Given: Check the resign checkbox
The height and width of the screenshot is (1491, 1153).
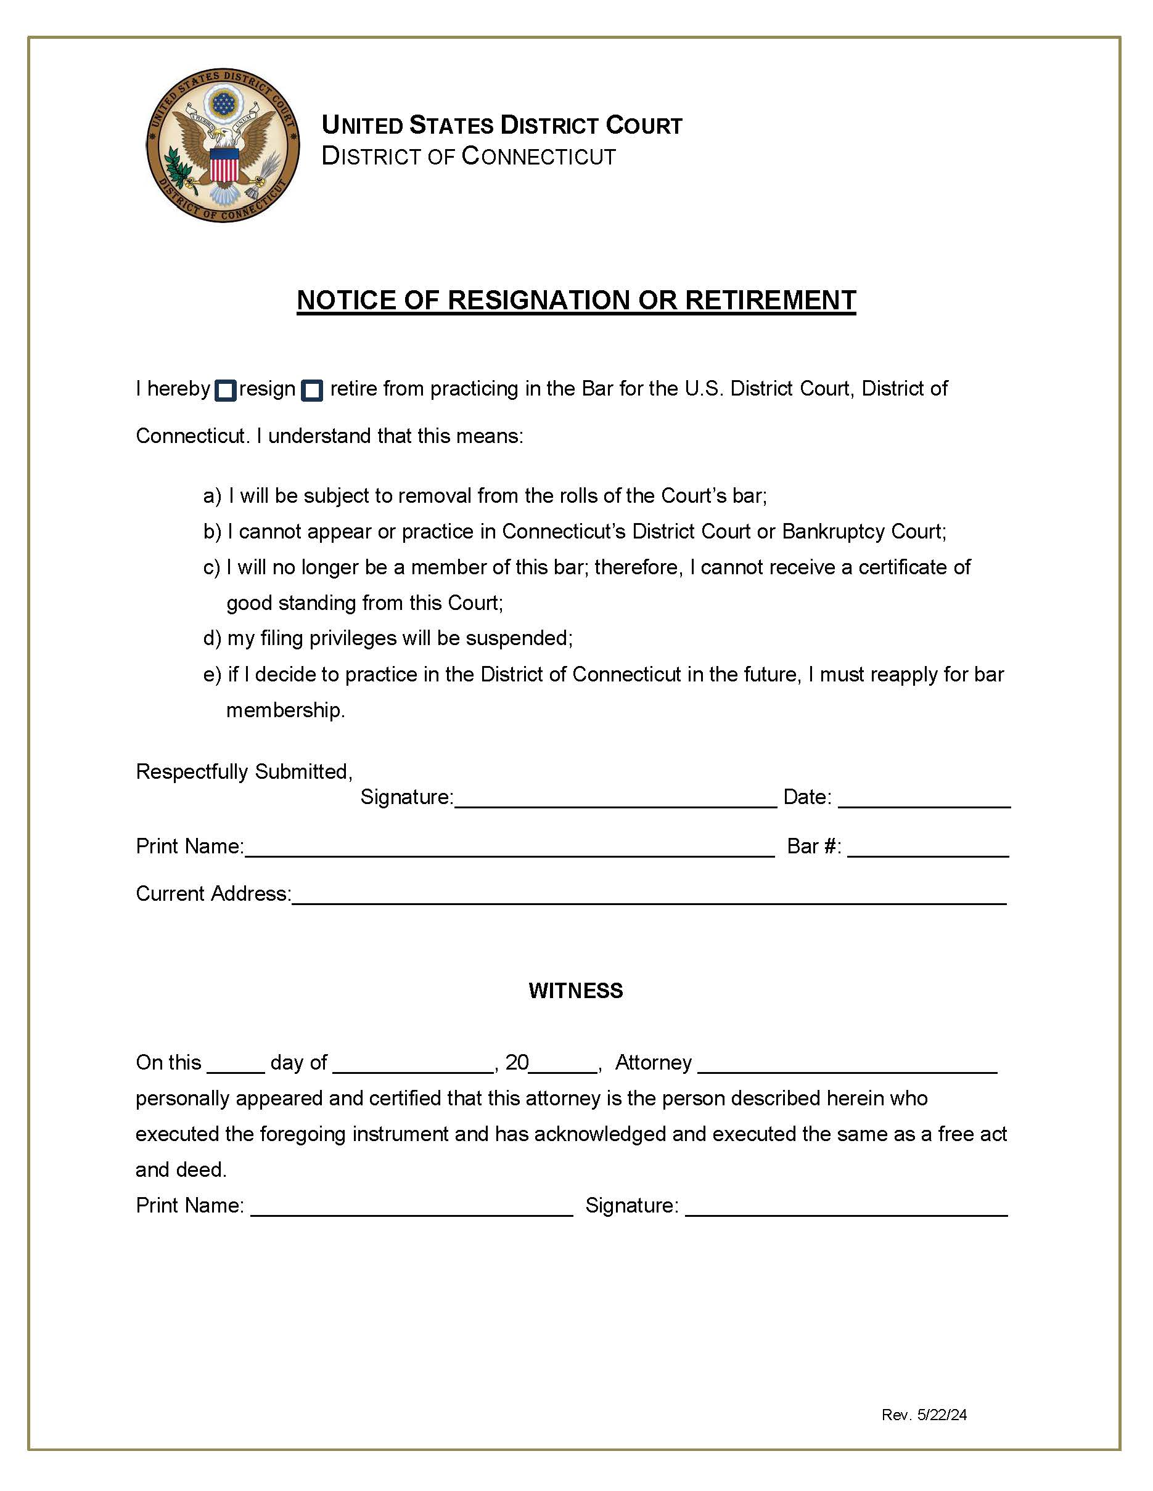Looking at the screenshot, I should (226, 391).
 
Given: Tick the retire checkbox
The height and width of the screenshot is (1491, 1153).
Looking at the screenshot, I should (312, 391).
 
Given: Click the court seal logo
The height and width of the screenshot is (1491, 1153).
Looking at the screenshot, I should (223, 145).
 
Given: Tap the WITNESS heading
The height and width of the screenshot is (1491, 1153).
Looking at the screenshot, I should (576, 991).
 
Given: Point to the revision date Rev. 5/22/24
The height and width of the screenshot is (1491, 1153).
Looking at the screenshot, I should (924, 1415).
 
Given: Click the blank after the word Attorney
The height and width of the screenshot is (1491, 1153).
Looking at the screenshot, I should (847, 1066).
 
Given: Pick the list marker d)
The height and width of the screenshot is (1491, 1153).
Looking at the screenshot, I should (211, 638).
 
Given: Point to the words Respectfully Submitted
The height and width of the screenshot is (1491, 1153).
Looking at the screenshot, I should (244, 771).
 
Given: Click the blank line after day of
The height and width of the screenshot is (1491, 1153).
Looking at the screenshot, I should (413, 1066).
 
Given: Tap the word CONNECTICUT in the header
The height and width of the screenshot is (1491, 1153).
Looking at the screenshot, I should (538, 156).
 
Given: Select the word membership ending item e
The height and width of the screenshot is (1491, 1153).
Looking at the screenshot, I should (285, 710).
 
